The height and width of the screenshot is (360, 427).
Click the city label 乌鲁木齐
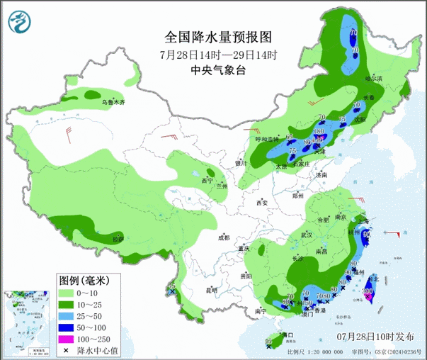click(112, 103)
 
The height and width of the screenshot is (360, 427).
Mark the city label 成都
click(224, 238)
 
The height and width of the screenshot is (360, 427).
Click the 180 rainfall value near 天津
click(319, 132)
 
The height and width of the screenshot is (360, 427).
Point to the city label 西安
click(263, 203)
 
